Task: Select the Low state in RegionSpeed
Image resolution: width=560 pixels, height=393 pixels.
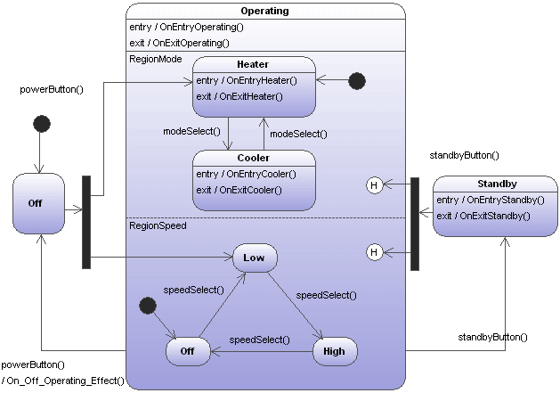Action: pos(255,258)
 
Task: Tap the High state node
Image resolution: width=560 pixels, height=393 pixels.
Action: pos(334,351)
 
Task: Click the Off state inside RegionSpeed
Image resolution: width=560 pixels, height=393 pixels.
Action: pos(188,351)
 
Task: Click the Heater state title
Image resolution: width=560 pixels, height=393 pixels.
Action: pos(253,64)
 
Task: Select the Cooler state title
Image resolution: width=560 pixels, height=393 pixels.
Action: pos(253,158)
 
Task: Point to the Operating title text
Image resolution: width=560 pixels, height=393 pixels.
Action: pos(266,11)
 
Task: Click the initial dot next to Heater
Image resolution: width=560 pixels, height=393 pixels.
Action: pos(356,81)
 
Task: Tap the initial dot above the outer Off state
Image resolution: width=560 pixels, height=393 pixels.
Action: pos(39,123)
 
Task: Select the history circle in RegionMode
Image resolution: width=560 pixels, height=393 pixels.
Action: pos(375,184)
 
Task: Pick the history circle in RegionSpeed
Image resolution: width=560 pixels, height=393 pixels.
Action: pos(375,253)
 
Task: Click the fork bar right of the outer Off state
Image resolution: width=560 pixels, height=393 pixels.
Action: pos(86,221)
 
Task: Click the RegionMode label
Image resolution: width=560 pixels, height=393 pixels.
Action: pos(156,59)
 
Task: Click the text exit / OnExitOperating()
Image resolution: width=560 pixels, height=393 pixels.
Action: pos(179,42)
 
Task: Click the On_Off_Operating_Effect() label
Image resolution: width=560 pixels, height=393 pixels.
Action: pos(62,381)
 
